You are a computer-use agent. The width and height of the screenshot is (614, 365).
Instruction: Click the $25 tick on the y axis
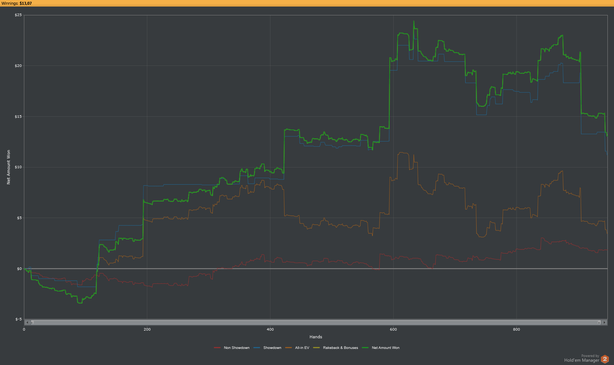(x=18, y=15)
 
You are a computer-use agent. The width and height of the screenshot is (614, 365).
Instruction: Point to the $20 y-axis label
(x=18, y=66)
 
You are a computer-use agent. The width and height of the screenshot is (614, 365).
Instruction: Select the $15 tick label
(x=18, y=117)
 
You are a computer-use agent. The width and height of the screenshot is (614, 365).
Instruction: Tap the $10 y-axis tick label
(x=18, y=167)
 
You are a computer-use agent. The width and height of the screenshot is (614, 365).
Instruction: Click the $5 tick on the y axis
(x=19, y=218)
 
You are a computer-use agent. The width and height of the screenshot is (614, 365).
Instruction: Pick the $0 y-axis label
(x=19, y=269)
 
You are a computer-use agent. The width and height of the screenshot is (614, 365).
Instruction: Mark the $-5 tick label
(x=18, y=319)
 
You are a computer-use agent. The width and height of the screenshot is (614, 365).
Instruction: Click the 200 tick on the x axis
(x=147, y=330)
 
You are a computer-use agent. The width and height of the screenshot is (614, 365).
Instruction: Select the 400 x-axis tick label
(x=270, y=330)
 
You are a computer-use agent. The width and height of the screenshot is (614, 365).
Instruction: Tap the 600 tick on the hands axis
(x=393, y=330)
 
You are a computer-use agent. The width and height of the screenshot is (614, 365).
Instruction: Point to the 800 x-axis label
(x=516, y=330)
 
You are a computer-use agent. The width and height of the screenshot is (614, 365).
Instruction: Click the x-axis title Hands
(x=316, y=337)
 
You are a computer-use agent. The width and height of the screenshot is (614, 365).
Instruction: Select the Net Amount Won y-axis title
(x=8, y=167)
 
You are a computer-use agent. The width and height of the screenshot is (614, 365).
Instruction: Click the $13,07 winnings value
(x=26, y=3)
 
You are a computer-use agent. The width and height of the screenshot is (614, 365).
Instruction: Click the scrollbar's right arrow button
(x=605, y=323)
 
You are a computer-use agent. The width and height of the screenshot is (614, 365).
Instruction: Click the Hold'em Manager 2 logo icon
(x=605, y=359)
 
